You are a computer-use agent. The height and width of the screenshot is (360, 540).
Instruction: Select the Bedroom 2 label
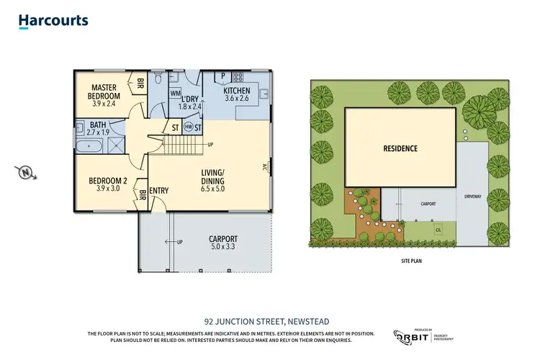[x=108, y=184]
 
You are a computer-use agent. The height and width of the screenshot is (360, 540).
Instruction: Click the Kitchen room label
[x=237, y=94]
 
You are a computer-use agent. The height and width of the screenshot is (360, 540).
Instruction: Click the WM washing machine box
[x=175, y=93]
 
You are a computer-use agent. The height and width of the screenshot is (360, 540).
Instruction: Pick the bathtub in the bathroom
[x=91, y=145]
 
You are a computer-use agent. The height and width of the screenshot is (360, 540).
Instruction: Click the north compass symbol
[x=24, y=172]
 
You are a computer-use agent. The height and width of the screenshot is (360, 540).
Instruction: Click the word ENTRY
[x=159, y=191]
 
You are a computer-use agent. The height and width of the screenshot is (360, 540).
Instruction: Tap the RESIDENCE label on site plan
[x=400, y=149]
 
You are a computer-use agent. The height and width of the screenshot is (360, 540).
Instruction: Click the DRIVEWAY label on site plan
[x=472, y=194]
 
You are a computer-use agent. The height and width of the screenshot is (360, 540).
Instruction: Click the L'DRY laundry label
[x=191, y=99]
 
